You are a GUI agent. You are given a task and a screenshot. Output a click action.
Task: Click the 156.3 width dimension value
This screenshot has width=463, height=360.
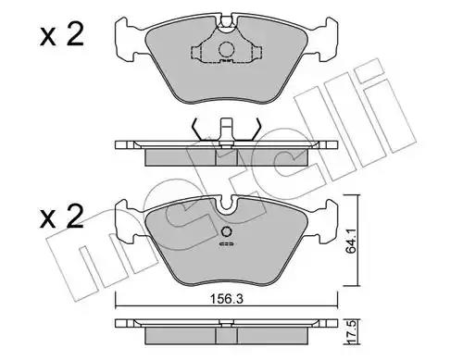[226, 299]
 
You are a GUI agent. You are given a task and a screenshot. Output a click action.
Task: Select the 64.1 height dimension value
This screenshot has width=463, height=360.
[351, 242]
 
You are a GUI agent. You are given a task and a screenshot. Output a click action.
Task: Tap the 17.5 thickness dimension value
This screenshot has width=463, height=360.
[353, 332]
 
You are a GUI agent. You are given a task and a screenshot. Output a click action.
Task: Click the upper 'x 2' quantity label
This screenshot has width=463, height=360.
[62, 35]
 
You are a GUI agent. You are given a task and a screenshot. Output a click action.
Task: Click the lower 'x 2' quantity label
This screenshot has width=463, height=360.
[62, 217]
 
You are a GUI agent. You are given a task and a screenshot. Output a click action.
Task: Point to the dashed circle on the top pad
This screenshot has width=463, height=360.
[226, 49]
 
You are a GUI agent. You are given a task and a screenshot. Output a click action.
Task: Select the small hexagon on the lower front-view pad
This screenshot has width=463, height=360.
[227, 231]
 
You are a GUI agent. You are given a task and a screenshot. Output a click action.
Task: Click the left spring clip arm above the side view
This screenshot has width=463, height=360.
[196, 129]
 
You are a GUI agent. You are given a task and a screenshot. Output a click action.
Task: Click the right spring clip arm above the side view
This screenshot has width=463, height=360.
[257, 129]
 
